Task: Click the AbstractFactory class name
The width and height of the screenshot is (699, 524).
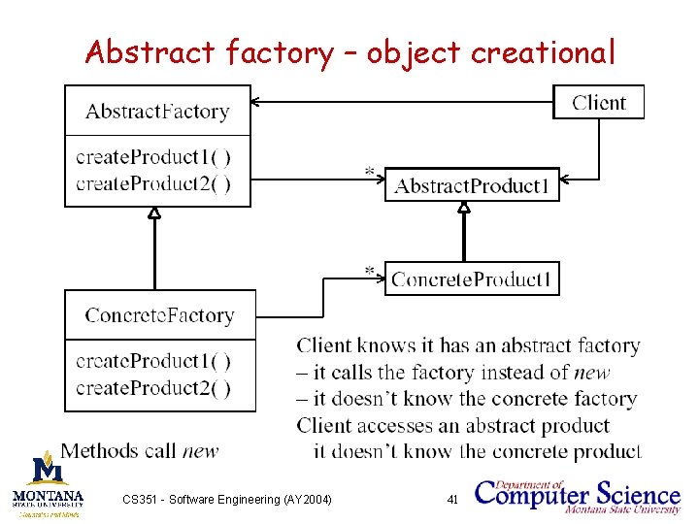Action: click(157, 111)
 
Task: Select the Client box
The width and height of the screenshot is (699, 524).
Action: click(598, 102)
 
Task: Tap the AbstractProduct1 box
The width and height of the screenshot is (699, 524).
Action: click(472, 184)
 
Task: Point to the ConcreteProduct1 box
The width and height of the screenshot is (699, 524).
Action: click(472, 279)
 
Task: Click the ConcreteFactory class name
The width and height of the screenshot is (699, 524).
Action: click(159, 314)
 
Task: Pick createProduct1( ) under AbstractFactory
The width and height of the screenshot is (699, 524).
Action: click(152, 157)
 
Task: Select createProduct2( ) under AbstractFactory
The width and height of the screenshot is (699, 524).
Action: click(152, 183)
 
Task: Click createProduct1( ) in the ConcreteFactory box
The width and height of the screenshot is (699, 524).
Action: click(152, 361)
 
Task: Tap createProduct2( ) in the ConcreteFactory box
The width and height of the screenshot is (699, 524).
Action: click(152, 388)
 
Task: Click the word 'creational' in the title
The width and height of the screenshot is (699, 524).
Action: click(542, 52)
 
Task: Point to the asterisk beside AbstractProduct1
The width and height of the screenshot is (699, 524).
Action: click(369, 173)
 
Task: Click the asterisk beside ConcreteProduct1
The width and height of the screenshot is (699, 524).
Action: click(370, 270)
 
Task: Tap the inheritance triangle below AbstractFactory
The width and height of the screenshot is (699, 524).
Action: click(153, 213)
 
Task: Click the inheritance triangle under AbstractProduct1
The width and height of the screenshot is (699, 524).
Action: click(464, 208)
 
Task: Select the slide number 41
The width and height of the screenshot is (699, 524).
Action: click(451, 499)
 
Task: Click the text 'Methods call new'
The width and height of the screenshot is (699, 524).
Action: click(140, 450)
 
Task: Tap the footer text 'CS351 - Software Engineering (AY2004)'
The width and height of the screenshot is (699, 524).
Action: click(227, 499)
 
